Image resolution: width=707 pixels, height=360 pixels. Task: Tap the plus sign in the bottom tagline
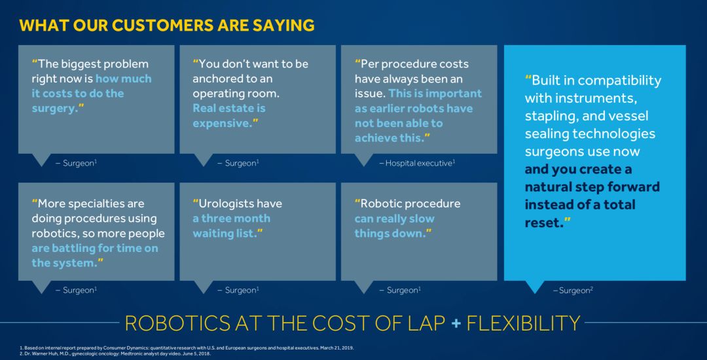coord(456,323)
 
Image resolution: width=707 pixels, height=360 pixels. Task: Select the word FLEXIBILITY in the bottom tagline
coord(523,323)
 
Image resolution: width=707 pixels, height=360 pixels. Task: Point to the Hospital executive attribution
coord(417,163)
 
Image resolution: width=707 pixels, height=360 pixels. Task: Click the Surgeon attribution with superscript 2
coord(573,291)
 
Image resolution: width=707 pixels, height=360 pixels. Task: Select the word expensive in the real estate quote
coord(221,124)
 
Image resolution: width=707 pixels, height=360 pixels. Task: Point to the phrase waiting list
coord(225,234)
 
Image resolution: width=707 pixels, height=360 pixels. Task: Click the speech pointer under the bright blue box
coord(534,287)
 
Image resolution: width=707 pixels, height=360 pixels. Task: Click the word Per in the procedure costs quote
coord(369,64)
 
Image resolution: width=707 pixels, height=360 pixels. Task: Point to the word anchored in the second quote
coord(213,79)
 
